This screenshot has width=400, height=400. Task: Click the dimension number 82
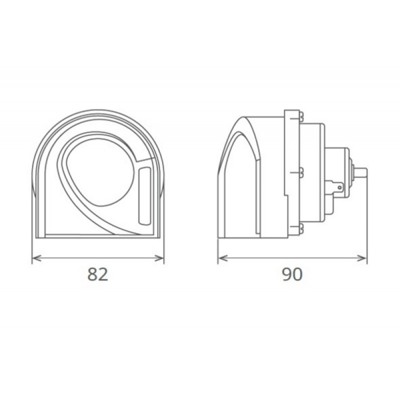coord(97,274)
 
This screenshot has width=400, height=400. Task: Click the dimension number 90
coord(292,274)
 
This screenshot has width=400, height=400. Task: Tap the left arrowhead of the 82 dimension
coord(37,258)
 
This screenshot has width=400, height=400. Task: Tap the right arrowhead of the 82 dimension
coord(159,258)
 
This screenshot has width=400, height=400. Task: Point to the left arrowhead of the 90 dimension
coord(223,258)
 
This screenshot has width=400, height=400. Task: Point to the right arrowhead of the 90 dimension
coord(361,258)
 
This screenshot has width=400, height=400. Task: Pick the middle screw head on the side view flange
coord(301,172)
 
